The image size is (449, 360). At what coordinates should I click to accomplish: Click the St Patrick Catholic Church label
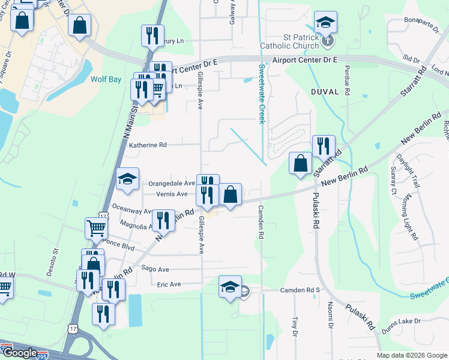coord(290,41)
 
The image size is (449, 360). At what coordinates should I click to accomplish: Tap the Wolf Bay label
coord(106,79)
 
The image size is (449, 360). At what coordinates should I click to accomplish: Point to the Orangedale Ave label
coord(172,183)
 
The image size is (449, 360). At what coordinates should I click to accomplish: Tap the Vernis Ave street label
coord(171,194)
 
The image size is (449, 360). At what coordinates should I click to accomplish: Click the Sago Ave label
coord(155,269)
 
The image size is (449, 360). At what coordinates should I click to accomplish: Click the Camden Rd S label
coord(301,290)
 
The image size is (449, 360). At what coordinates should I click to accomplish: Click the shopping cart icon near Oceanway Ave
coord(96,227)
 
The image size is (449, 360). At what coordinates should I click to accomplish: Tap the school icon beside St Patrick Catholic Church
coord(325,23)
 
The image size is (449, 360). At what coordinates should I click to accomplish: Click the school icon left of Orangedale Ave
coord(127,179)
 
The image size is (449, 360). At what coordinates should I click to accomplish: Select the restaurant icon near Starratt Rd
coord(323,146)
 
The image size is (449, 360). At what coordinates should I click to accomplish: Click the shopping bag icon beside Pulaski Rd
coord(300,163)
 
